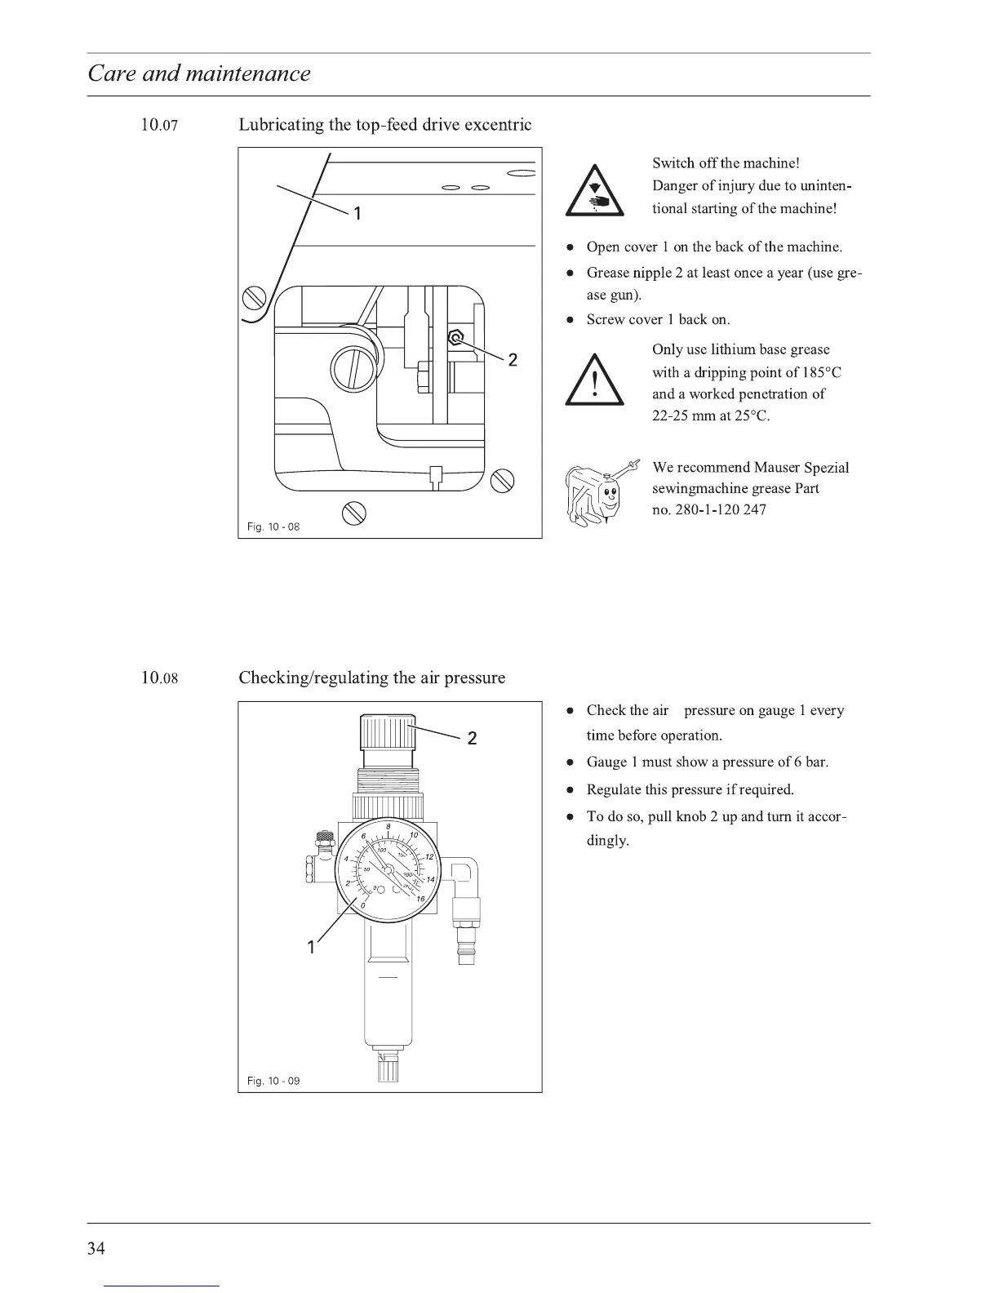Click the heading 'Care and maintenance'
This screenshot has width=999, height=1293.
click(199, 73)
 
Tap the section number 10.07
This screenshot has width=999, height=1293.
click(158, 126)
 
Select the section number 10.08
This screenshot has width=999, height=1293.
click(158, 678)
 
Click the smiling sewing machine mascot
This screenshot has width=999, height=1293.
click(599, 493)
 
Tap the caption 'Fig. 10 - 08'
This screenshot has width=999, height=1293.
click(273, 527)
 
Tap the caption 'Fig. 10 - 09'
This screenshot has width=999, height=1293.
click(273, 1082)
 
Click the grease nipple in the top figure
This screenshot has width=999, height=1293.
click(457, 337)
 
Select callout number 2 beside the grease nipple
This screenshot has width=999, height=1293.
click(513, 360)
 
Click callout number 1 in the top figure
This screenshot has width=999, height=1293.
click(356, 214)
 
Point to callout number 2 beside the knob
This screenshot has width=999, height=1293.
click(472, 740)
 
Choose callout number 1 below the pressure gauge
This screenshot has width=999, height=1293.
click(310, 948)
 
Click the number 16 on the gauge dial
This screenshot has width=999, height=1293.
click(420, 900)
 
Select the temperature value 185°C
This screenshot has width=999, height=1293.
click(821, 373)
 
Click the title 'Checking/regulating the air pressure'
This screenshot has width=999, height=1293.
click(371, 678)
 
